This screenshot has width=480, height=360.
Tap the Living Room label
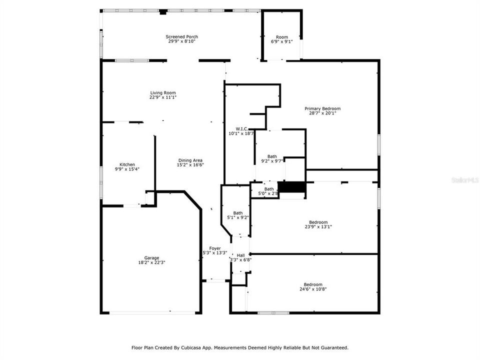[x=162, y=92]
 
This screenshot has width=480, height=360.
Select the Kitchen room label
[x=127, y=164]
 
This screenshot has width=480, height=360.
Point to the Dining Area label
[x=190, y=160]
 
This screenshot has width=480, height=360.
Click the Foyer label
[x=215, y=248]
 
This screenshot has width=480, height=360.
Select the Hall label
[x=241, y=255]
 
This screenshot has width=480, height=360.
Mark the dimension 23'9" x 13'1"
[x=318, y=226]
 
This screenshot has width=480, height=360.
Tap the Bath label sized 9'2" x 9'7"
[x=272, y=156]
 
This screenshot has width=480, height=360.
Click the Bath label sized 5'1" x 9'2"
[x=237, y=213]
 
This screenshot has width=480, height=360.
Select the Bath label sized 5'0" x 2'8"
[x=269, y=189]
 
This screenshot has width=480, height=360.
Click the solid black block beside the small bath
[x=291, y=187]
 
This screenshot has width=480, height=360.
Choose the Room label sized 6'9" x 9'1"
[x=282, y=37]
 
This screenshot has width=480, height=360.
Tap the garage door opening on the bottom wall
[x=152, y=313]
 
